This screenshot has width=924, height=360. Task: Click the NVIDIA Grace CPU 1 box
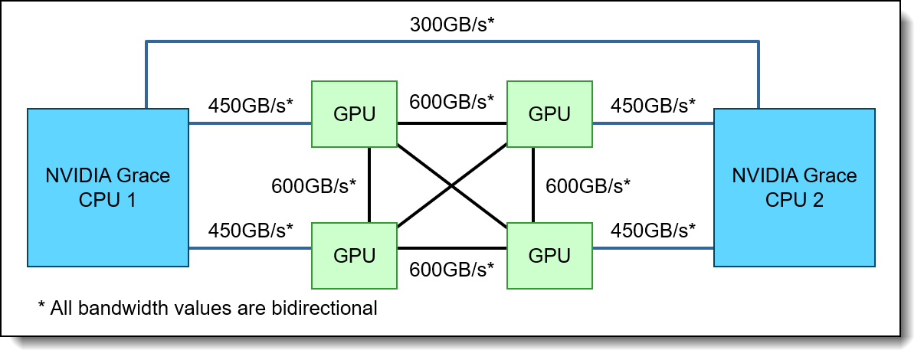tap(107, 188)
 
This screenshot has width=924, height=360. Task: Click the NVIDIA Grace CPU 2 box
tap(794, 188)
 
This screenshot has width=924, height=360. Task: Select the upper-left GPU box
tap(354, 113)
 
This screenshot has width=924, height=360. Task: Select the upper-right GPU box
tap(549, 113)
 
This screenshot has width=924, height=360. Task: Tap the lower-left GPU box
tap(354, 255)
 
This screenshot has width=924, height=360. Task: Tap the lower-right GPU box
tap(549, 255)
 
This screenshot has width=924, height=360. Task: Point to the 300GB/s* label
tap(452, 25)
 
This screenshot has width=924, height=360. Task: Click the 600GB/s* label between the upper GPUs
tap(452, 101)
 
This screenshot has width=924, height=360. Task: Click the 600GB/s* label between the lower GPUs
tap(452, 270)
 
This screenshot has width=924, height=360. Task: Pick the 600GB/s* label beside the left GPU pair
tap(314, 185)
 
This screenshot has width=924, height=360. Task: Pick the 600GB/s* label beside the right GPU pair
tap(588, 185)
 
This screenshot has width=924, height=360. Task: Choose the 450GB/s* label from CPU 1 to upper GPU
tap(251, 106)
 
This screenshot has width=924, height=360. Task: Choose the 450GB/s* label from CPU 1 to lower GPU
tap(251, 230)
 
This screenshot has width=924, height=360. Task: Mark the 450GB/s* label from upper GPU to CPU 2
tap(653, 106)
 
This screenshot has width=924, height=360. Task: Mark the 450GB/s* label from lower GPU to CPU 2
tap(653, 230)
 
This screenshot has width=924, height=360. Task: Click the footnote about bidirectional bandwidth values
tap(208, 309)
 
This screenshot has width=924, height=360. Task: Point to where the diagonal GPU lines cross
tap(452, 185)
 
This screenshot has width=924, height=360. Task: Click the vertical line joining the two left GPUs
tap(369, 185)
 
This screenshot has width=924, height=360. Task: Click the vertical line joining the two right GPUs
tap(534, 185)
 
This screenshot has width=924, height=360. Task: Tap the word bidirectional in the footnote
tap(329, 309)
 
